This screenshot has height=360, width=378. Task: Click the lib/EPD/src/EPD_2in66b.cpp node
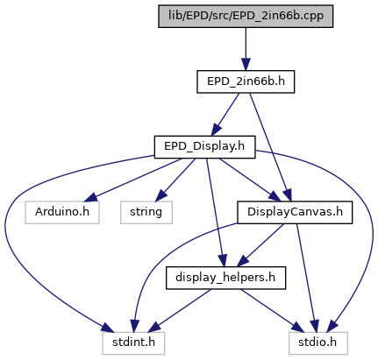point(246,17)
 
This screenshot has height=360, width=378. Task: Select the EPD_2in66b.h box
point(246,81)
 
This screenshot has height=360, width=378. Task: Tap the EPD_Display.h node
point(204,147)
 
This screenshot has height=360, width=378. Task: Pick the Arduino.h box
point(62,213)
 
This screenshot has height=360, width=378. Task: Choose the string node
point(146,213)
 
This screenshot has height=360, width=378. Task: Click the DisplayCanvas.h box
point(295,213)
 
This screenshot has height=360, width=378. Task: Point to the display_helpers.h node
point(225,278)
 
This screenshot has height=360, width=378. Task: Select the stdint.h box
point(133,343)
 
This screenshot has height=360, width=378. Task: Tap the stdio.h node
point(318,343)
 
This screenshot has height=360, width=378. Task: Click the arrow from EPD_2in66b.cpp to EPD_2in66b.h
point(246,49)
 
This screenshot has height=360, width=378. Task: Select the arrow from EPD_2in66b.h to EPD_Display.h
point(225,115)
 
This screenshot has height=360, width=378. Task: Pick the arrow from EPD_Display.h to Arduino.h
point(133,180)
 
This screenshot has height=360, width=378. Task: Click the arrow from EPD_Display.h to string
point(175,180)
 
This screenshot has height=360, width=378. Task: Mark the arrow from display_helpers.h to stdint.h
point(179,311)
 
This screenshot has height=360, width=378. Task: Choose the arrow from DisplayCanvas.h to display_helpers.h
point(260,245)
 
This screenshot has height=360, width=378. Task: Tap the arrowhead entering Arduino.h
point(89,198)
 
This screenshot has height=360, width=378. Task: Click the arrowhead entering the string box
point(160,195)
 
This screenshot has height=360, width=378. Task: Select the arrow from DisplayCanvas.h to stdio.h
point(306,278)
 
